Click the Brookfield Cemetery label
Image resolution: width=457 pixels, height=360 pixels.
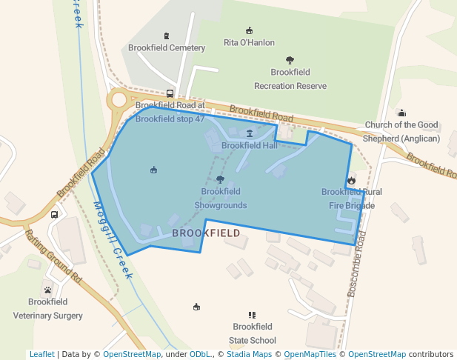tap(166, 48)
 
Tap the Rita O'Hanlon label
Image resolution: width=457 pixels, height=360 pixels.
tap(249, 43)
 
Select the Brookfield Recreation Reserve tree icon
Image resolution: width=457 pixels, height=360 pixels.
tap(290, 60)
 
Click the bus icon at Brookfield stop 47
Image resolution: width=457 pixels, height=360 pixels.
tap(170, 94)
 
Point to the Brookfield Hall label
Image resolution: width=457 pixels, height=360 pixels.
tap(249, 145)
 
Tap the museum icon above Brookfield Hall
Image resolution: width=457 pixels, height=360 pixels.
tap(249, 133)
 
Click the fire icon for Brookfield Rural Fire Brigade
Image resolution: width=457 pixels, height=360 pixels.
tap(351, 180)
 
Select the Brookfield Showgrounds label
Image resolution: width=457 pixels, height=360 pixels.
tap(220, 198)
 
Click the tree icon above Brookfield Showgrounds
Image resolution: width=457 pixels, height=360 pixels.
tap(220, 179)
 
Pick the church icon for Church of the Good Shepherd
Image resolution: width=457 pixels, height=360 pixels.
tap(401, 113)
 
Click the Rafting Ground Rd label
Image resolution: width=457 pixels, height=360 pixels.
tap(53, 256)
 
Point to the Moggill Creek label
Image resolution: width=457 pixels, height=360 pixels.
tap(113, 240)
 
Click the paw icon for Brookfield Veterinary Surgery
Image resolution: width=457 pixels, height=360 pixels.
tap(48, 290)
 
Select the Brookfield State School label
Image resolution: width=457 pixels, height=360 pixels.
tap(253, 333)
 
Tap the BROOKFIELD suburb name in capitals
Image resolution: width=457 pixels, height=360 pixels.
tap(206, 233)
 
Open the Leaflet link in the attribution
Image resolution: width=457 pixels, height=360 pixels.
tap(41, 355)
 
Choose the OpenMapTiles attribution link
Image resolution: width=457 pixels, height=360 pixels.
tap(310, 355)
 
